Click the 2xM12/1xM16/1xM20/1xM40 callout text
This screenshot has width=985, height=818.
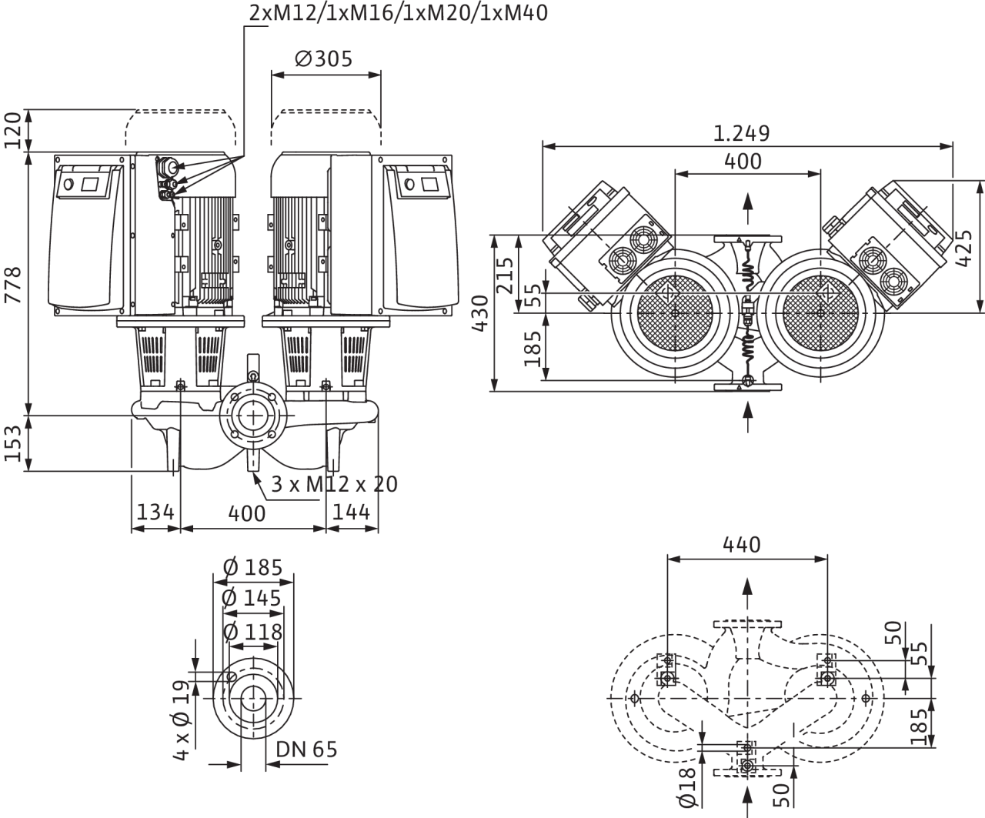click(x=399, y=13)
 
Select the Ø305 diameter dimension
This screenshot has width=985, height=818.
click(x=323, y=58)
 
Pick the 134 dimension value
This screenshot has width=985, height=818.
click(x=155, y=513)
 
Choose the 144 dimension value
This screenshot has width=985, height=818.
click(x=351, y=513)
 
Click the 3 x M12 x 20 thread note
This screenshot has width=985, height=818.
click(x=335, y=485)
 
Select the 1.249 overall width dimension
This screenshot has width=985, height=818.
click(x=741, y=133)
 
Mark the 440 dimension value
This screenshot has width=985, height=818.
click(x=742, y=545)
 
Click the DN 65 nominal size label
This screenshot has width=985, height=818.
click(x=306, y=750)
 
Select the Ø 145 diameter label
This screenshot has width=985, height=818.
click(x=252, y=599)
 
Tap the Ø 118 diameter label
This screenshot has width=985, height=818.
click(x=252, y=633)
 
